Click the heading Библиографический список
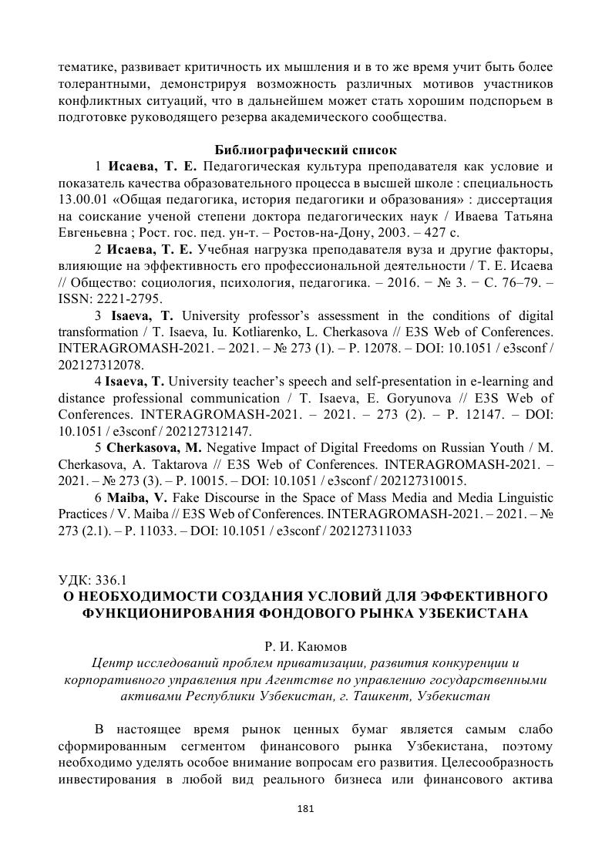pyautogui.click(x=305, y=150)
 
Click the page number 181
pyautogui.click(x=305, y=810)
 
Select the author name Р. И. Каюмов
pyautogui.click(x=305, y=645)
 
